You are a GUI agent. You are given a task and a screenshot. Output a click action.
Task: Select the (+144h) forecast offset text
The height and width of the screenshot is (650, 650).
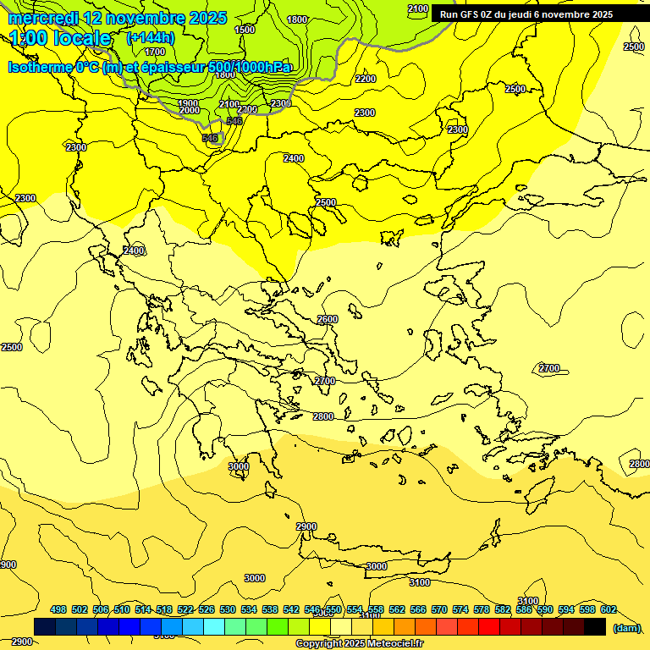[151, 37]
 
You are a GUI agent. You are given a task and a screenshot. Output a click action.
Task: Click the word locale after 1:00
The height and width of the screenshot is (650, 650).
[80, 38]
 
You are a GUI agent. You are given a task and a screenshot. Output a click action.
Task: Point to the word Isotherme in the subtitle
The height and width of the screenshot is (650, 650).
[39, 67]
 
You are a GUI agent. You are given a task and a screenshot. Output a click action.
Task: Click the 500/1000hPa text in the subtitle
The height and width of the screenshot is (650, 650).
[249, 67]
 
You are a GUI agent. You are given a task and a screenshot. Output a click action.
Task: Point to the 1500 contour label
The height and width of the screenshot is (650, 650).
[244, 30]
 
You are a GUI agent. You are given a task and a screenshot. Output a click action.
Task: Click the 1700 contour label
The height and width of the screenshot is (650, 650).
[155, 52]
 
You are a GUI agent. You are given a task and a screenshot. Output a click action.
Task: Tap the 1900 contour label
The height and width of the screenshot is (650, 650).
[188, 103]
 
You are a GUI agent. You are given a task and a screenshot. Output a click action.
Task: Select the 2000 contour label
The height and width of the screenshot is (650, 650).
[189, 111]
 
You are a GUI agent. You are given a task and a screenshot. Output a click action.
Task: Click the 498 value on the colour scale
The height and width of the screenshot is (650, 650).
[58, 609]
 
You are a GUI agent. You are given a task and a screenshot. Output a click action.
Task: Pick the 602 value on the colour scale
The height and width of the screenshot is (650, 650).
[609, 609]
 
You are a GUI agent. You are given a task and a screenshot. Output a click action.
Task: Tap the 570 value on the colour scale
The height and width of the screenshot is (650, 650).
[439, 609]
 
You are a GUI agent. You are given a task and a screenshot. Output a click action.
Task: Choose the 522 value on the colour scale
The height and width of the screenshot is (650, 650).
[185, 609]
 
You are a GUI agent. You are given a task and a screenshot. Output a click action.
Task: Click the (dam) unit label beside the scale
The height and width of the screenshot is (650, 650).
[626, 627]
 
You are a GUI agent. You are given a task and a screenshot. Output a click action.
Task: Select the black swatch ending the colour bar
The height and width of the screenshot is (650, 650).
[595, 626]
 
